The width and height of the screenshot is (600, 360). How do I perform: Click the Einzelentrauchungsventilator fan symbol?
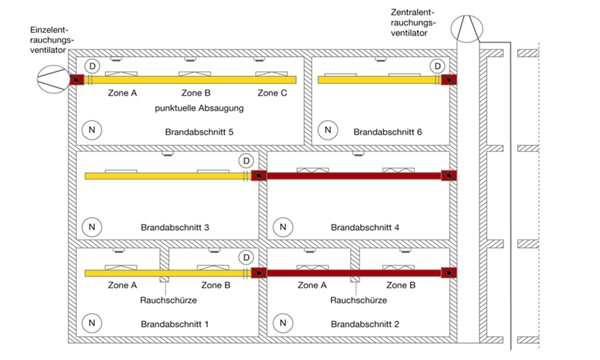[52, 78]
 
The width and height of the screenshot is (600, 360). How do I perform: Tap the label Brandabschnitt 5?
[200, 131]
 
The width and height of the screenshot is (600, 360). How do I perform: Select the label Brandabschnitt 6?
[388, 131]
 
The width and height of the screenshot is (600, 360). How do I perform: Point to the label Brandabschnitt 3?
[175, 226]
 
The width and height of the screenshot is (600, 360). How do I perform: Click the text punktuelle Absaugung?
[200, 108]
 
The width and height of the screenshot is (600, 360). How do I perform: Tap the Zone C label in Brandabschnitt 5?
[273, 93]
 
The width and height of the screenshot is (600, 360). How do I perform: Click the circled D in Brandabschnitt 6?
[439, 66]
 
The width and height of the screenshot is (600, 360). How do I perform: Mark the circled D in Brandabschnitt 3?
[246, 161]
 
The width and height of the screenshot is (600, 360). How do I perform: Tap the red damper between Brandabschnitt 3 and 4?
[259, 176]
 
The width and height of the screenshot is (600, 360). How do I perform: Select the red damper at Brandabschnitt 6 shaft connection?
[448, 79]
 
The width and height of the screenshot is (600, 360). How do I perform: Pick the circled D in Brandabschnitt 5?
[92, 66]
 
